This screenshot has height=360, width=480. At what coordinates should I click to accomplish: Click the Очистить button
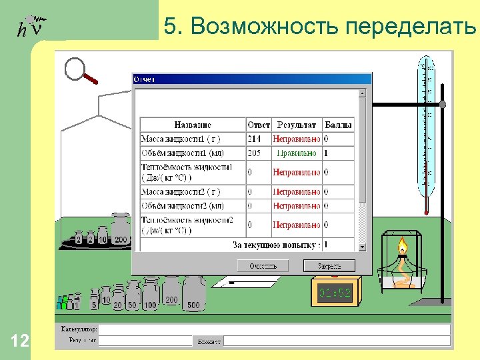click(x=263, y=265)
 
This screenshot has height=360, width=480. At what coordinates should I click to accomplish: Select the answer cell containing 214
click(x=254, y=139)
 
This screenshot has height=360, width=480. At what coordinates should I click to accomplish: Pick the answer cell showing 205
click(x=254, y=153)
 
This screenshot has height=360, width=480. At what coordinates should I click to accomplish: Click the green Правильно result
click(x=297, y=153)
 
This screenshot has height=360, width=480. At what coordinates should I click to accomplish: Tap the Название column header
click(x=193, y=125)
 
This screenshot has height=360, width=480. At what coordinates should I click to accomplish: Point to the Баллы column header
click(x=338, y=125)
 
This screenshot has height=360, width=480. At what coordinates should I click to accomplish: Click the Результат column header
click(x=297, y=125)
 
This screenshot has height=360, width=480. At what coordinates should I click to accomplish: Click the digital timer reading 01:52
click(x=335, y=292)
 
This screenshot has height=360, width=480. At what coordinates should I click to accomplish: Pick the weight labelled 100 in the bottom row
click(x=150, y=297)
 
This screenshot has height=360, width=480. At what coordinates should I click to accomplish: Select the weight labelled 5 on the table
click(x=95, y=301)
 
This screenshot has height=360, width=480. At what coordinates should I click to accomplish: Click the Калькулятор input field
click(x=273, y=329)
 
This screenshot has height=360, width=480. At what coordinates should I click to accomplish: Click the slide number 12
click(x=21, y=342)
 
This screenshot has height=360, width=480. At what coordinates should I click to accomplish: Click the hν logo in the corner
click(x=31, y=27)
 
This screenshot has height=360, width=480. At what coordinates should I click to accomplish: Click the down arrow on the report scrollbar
click(x=363, y=247)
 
